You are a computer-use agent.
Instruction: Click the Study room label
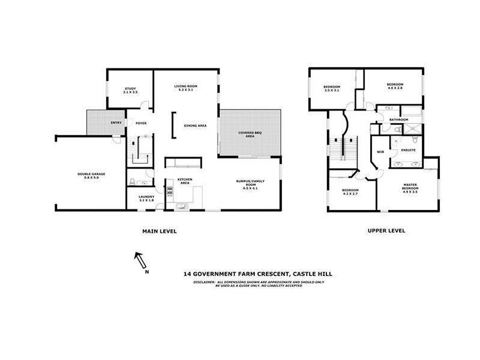(x=131, y=91)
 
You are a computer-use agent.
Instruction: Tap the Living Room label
(x=186, y=88)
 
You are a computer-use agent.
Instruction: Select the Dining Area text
(x=195, y=125)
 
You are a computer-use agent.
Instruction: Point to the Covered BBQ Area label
(x=250, y=134)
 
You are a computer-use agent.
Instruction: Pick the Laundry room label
(x=147, y=199)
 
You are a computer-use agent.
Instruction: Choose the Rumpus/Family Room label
(x=250, y=184)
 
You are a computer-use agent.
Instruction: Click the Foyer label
(x=141, y=124)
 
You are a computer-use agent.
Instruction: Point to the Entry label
(x=116, y=124)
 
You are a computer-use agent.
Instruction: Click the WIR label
(x=379, y=152)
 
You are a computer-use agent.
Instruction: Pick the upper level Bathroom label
(x=399, y=119)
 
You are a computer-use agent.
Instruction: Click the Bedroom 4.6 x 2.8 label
(x=395, y=86)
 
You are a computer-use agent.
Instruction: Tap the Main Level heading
(x=159, y=231)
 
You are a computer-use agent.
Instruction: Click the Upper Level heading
(x=386, y=231)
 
